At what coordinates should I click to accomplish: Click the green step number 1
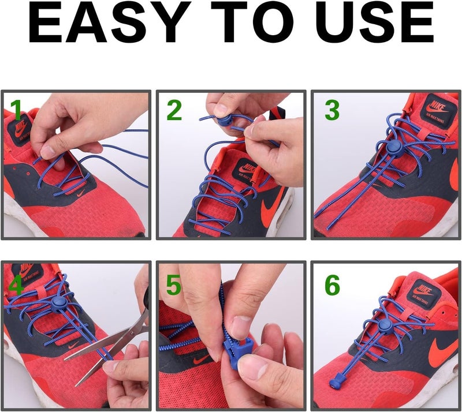click(16, 110)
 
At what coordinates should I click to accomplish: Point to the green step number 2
click(174, 110)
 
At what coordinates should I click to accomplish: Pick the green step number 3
click(331, 110)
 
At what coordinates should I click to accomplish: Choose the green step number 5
click(174, 284)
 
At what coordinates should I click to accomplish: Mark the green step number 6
click(331, 285)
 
